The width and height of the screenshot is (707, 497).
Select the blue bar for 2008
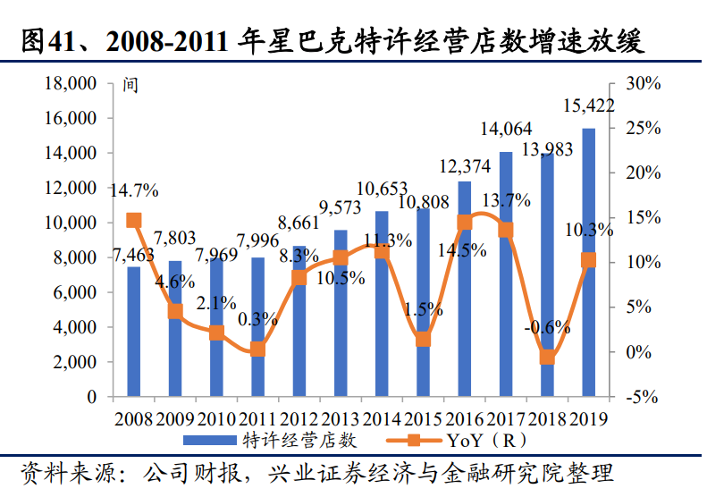point(133,331)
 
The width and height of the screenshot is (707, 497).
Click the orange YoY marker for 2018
point(548,358)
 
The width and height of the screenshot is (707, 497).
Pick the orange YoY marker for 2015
point(424,339)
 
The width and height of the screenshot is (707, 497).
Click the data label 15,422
point(588,106)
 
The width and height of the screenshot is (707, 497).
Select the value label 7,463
point(133,256)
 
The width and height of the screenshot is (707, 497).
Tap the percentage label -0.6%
point(547,327)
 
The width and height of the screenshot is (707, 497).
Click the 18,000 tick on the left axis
point(69,84)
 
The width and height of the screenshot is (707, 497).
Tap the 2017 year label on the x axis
point(506,417)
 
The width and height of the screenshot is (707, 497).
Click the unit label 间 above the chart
point(130,87)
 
